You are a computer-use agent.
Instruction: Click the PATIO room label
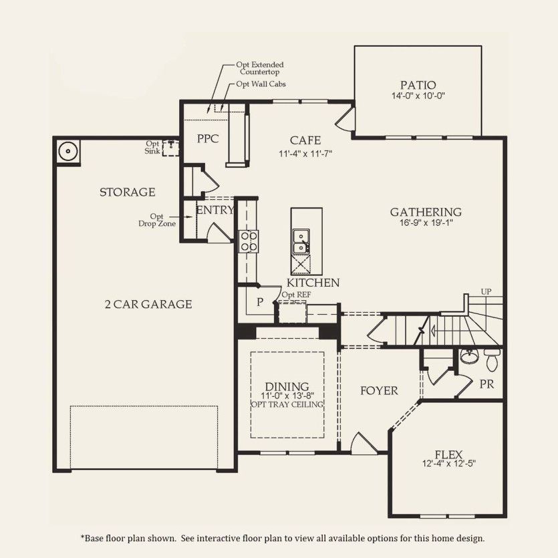click(x=418, y=85)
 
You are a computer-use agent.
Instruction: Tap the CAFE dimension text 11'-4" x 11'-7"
click(x=305, y=154)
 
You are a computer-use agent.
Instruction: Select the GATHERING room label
click(x=426, y=212)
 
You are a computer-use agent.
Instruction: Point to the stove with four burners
click(x=249, y=241)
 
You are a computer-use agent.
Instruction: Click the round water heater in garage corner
click(x=67, y=152)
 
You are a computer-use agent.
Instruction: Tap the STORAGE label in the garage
click(x=127, y=192)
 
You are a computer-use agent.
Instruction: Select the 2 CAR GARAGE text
click(x=148, y=304)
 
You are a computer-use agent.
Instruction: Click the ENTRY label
click(x=215, y=210)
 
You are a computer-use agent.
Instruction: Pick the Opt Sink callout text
click(x=153, y=147)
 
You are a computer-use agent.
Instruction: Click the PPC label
click(x=208, y=140)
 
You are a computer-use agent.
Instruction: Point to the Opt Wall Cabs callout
click(x=257, y=85)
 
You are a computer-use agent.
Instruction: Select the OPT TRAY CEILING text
click(x=287, y=404)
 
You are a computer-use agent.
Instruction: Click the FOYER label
click(x=379, y=391)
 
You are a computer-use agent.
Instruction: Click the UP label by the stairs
click(x=486, y=292)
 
